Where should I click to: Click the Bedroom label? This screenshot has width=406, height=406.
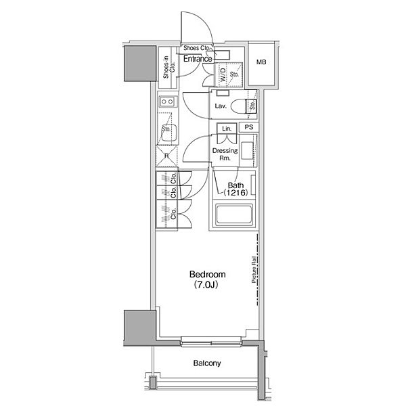click(x=208, y=274)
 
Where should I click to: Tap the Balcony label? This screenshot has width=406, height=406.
click(x=207, y=363)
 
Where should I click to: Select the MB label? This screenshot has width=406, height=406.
click(x=261, y=62)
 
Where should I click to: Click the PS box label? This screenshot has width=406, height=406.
click(x=249, y=127)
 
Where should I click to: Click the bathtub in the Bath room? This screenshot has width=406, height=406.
click(x=234, y=214)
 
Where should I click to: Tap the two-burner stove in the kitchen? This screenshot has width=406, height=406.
click(x=167, y=101)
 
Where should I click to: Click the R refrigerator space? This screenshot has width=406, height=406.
click(x=166, y=156)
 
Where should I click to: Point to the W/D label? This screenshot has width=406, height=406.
click(x=223, y=74)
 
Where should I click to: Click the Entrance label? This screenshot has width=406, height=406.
click(x=198, y=59)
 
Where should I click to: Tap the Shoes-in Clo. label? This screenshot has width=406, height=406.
click(x=168, y=67)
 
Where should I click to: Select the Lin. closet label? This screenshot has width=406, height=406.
click(x=227, y=129)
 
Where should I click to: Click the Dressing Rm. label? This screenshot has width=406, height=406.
click(x=225, y=154)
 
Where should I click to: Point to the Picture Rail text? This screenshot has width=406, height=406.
click(x=254, y=269)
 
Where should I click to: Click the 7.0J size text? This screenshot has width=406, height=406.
click(x=206, y=285)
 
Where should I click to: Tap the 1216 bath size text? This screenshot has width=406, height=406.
click(x=235, y=193)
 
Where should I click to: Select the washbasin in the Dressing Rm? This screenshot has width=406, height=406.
click(x=247, y=150)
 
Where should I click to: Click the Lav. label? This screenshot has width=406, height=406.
click(x=221, y=106)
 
